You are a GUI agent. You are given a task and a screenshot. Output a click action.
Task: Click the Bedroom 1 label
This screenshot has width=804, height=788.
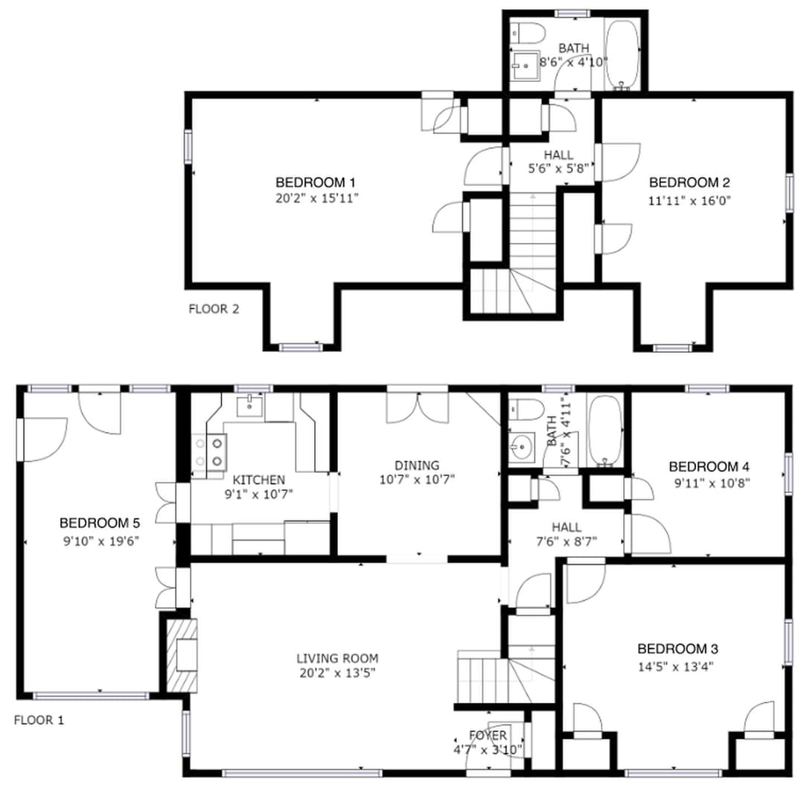tap(316, 182)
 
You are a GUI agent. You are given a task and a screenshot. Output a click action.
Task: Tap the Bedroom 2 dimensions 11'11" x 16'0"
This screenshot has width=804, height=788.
tap(689, 200)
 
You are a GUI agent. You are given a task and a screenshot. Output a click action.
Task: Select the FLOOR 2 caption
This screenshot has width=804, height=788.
tap(214, 309)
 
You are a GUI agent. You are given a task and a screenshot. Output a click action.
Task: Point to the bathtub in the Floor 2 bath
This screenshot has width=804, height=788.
tap(622, 54)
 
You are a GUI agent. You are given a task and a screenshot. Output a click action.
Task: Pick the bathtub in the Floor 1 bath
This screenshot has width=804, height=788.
tap(604, 430)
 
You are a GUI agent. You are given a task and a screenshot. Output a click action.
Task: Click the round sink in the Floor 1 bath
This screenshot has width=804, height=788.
tap(521, 448)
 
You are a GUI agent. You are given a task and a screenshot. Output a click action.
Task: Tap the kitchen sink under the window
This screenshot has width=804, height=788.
tap(249, 406)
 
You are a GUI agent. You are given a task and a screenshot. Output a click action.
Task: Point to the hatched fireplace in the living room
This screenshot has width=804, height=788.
tap(182, 655)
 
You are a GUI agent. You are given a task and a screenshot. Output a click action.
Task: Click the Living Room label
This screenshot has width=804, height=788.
tap(337, 658)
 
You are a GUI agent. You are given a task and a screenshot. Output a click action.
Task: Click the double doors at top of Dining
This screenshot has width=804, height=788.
tap(418, 407)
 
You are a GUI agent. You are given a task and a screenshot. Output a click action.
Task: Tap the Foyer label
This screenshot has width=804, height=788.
tap(488, 736)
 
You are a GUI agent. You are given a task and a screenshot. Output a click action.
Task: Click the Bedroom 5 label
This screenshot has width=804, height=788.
tap(99, 523)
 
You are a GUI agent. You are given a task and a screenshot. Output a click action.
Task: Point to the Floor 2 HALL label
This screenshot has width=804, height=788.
tap(558, 155)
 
